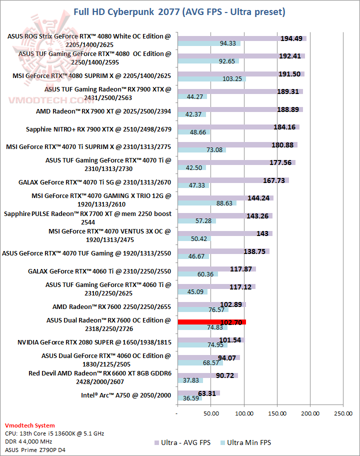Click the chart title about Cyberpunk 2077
tap(180, 11)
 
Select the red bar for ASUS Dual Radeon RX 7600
tap(211, 322)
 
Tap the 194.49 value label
tap(292, 38)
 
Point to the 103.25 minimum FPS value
tap(232, 79)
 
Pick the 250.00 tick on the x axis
tap(343, 413)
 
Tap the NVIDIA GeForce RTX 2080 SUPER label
tap(94, 342)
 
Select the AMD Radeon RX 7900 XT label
tap(103, 111)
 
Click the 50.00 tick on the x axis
tap(210, 413)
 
